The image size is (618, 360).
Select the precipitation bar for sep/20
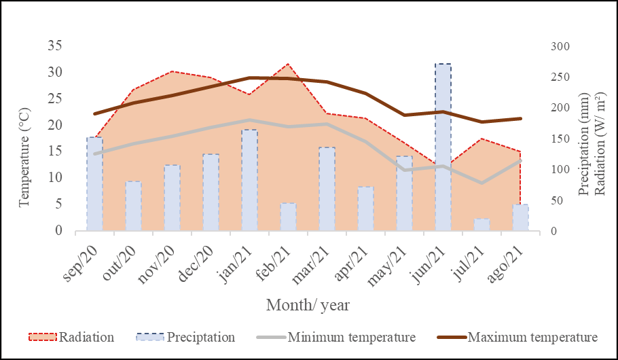click(x=94, y=183)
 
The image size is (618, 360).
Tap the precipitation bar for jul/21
click(x=481, y=225)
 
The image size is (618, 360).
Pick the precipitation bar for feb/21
click(x=288, y=217)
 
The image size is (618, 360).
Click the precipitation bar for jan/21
click(x=249, y=180)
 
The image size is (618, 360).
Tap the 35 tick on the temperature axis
click(x=55, y=46)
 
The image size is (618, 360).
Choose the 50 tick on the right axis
click(x=555, y=200)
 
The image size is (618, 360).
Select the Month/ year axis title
click(x=308, y=305)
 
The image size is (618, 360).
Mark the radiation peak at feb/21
click(x=288, y=64)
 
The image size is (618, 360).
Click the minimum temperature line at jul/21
click(x=481, y=183)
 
